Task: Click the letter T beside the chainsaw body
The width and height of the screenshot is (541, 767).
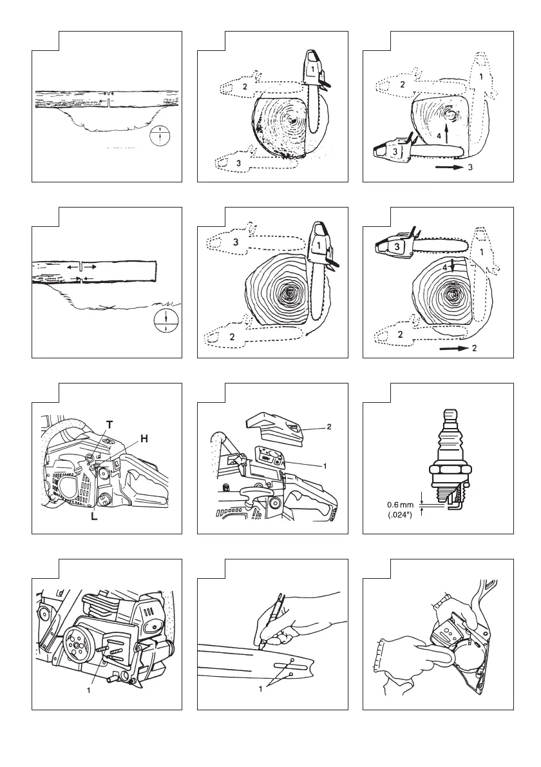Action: (x=110, y=425)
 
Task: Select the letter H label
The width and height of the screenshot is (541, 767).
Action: (x=144, y=438)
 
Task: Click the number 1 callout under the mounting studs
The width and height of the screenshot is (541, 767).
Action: (x=89, y=689)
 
